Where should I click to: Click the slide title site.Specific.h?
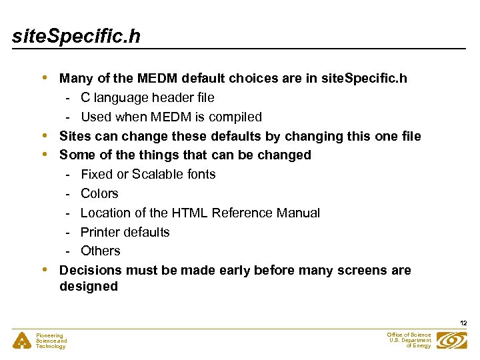[76, 35]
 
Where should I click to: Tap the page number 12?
[463, 323]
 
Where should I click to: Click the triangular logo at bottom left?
[21, 341]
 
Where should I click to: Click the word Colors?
[99, 193]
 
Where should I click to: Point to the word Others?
[101, 251]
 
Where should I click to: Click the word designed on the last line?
[89, 287]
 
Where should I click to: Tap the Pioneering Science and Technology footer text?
[51, 341]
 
